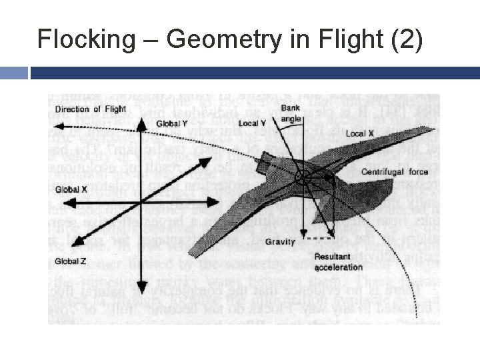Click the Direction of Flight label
pyautogui.click(x=90, y=109)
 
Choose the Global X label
pyautogui.click(x=71, y=189)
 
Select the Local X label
pyautogui.click(x=359, y=134)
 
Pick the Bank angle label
pyautogui.click(x=291, y=112)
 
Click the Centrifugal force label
pyautogui.click(x=395, y=172)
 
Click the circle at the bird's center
pyautogui.click(x=303, y=177)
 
